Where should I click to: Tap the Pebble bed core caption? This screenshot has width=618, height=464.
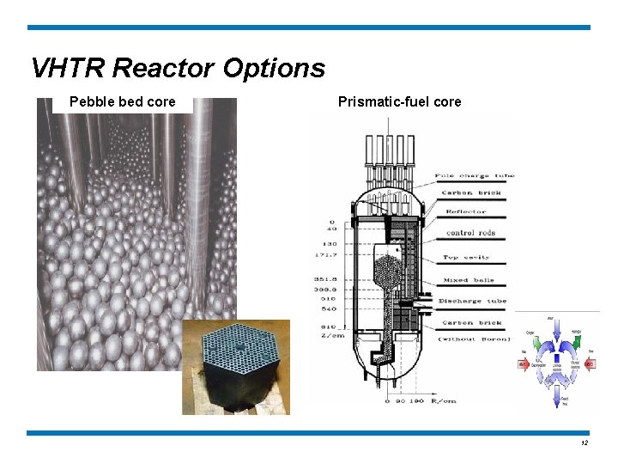tap(122, 102)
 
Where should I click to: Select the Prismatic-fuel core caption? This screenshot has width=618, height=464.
tap(399, 102)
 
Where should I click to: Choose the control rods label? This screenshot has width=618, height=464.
tap(471, 233)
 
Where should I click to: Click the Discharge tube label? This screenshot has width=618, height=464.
tap(472, 301)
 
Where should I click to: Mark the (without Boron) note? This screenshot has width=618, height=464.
tap(471, 339)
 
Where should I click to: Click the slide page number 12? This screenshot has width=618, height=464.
tap(584, 443)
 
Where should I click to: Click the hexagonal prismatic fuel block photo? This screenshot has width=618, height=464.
tap(236, 367)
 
